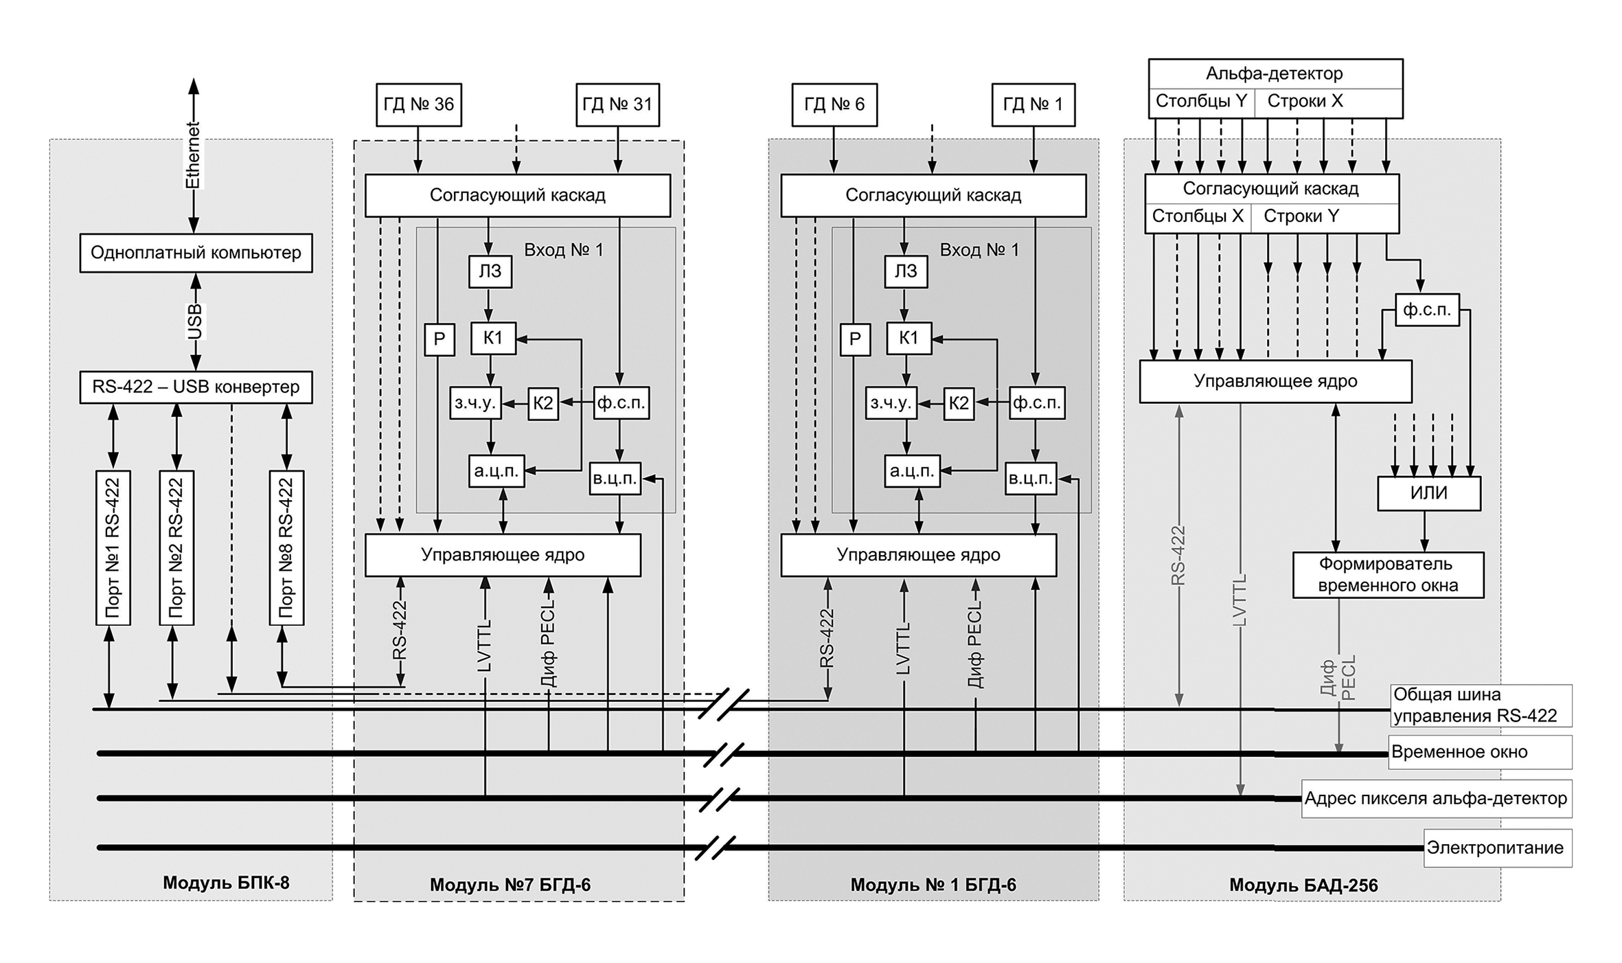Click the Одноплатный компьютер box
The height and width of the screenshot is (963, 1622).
196,253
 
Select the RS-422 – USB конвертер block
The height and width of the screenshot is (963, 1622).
196,387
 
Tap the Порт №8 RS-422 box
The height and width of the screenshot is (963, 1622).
286,547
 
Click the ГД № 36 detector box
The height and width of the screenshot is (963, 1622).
418,104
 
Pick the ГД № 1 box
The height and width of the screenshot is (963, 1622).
1033,104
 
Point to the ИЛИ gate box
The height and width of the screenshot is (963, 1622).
1428,493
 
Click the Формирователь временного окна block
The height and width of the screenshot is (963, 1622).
1388,575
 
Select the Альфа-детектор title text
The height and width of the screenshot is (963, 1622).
1275,73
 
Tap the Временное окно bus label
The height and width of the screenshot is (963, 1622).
1459,752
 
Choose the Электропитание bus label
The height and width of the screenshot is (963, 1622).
1495,848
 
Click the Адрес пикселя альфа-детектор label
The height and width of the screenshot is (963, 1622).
1435,798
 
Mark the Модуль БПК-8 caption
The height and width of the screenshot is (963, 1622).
226,883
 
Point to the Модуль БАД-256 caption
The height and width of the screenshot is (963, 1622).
1303,885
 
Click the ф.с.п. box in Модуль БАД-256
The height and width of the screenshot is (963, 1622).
1427,310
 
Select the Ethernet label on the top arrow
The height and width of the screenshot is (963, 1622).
193,156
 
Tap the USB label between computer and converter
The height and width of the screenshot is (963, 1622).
195,321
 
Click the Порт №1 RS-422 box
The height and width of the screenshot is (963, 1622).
113,547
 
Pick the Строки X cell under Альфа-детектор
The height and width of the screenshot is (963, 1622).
1305,102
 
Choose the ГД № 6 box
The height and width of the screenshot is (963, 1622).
834,104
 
